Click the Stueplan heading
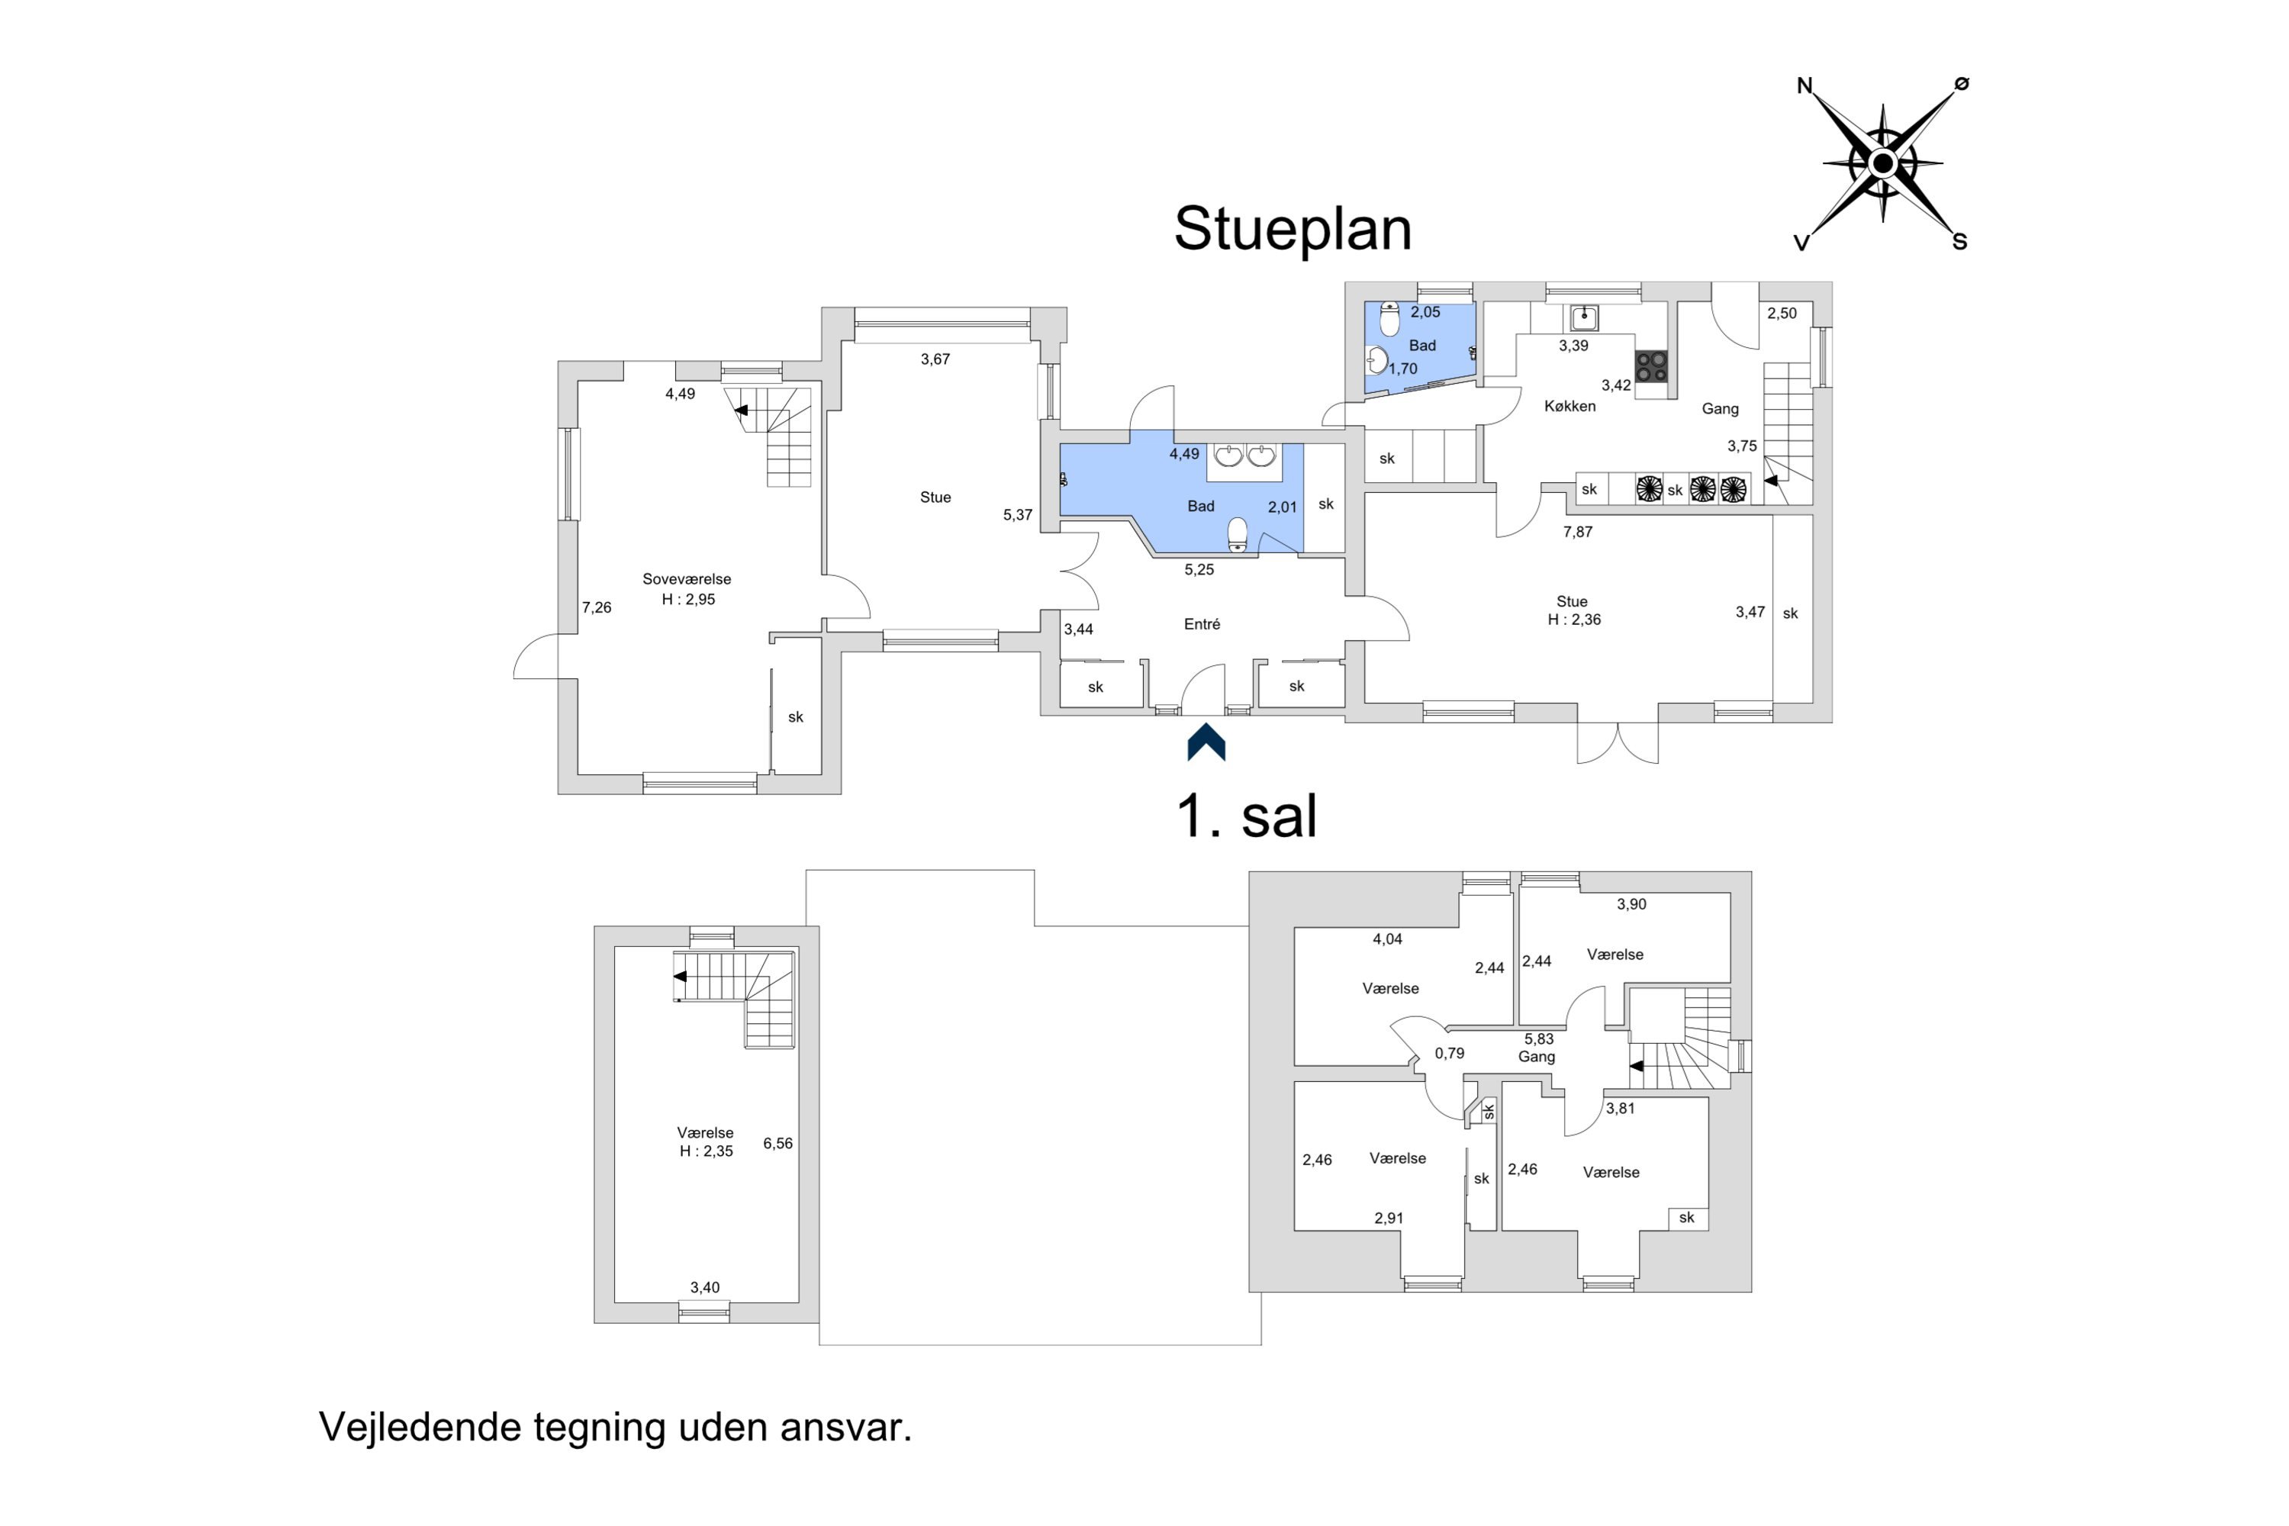point(1293,230)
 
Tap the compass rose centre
point(1882,163)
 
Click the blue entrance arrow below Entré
point(1206,742)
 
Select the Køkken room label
point(1569,406)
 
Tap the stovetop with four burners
point(1652,367)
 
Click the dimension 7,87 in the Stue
point(1578,531)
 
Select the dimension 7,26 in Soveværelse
point(597,607)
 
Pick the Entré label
point(1202,624)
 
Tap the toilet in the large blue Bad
point(1237,534)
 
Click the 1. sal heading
point(1247,816)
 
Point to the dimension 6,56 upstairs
point(777,1144)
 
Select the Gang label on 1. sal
point(1537,1057)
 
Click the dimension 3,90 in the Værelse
point(1631,904)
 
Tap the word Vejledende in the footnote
point(420,1427)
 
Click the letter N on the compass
point(1804,85)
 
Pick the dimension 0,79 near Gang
point(1449,1053)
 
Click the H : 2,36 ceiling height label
point(1573,619)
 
